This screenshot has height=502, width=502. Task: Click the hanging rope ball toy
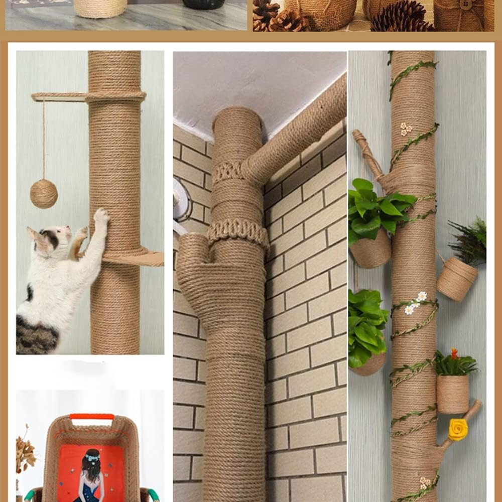(44, 194)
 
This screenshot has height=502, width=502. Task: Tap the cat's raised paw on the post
(101, 216)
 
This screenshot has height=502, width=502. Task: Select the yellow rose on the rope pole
(458, 429)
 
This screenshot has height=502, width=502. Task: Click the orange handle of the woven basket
(92, 417)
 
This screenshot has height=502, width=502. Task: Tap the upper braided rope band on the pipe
(228, 172)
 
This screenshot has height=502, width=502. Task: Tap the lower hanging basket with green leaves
(369, 364)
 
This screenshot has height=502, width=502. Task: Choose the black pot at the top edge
(203, 4)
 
